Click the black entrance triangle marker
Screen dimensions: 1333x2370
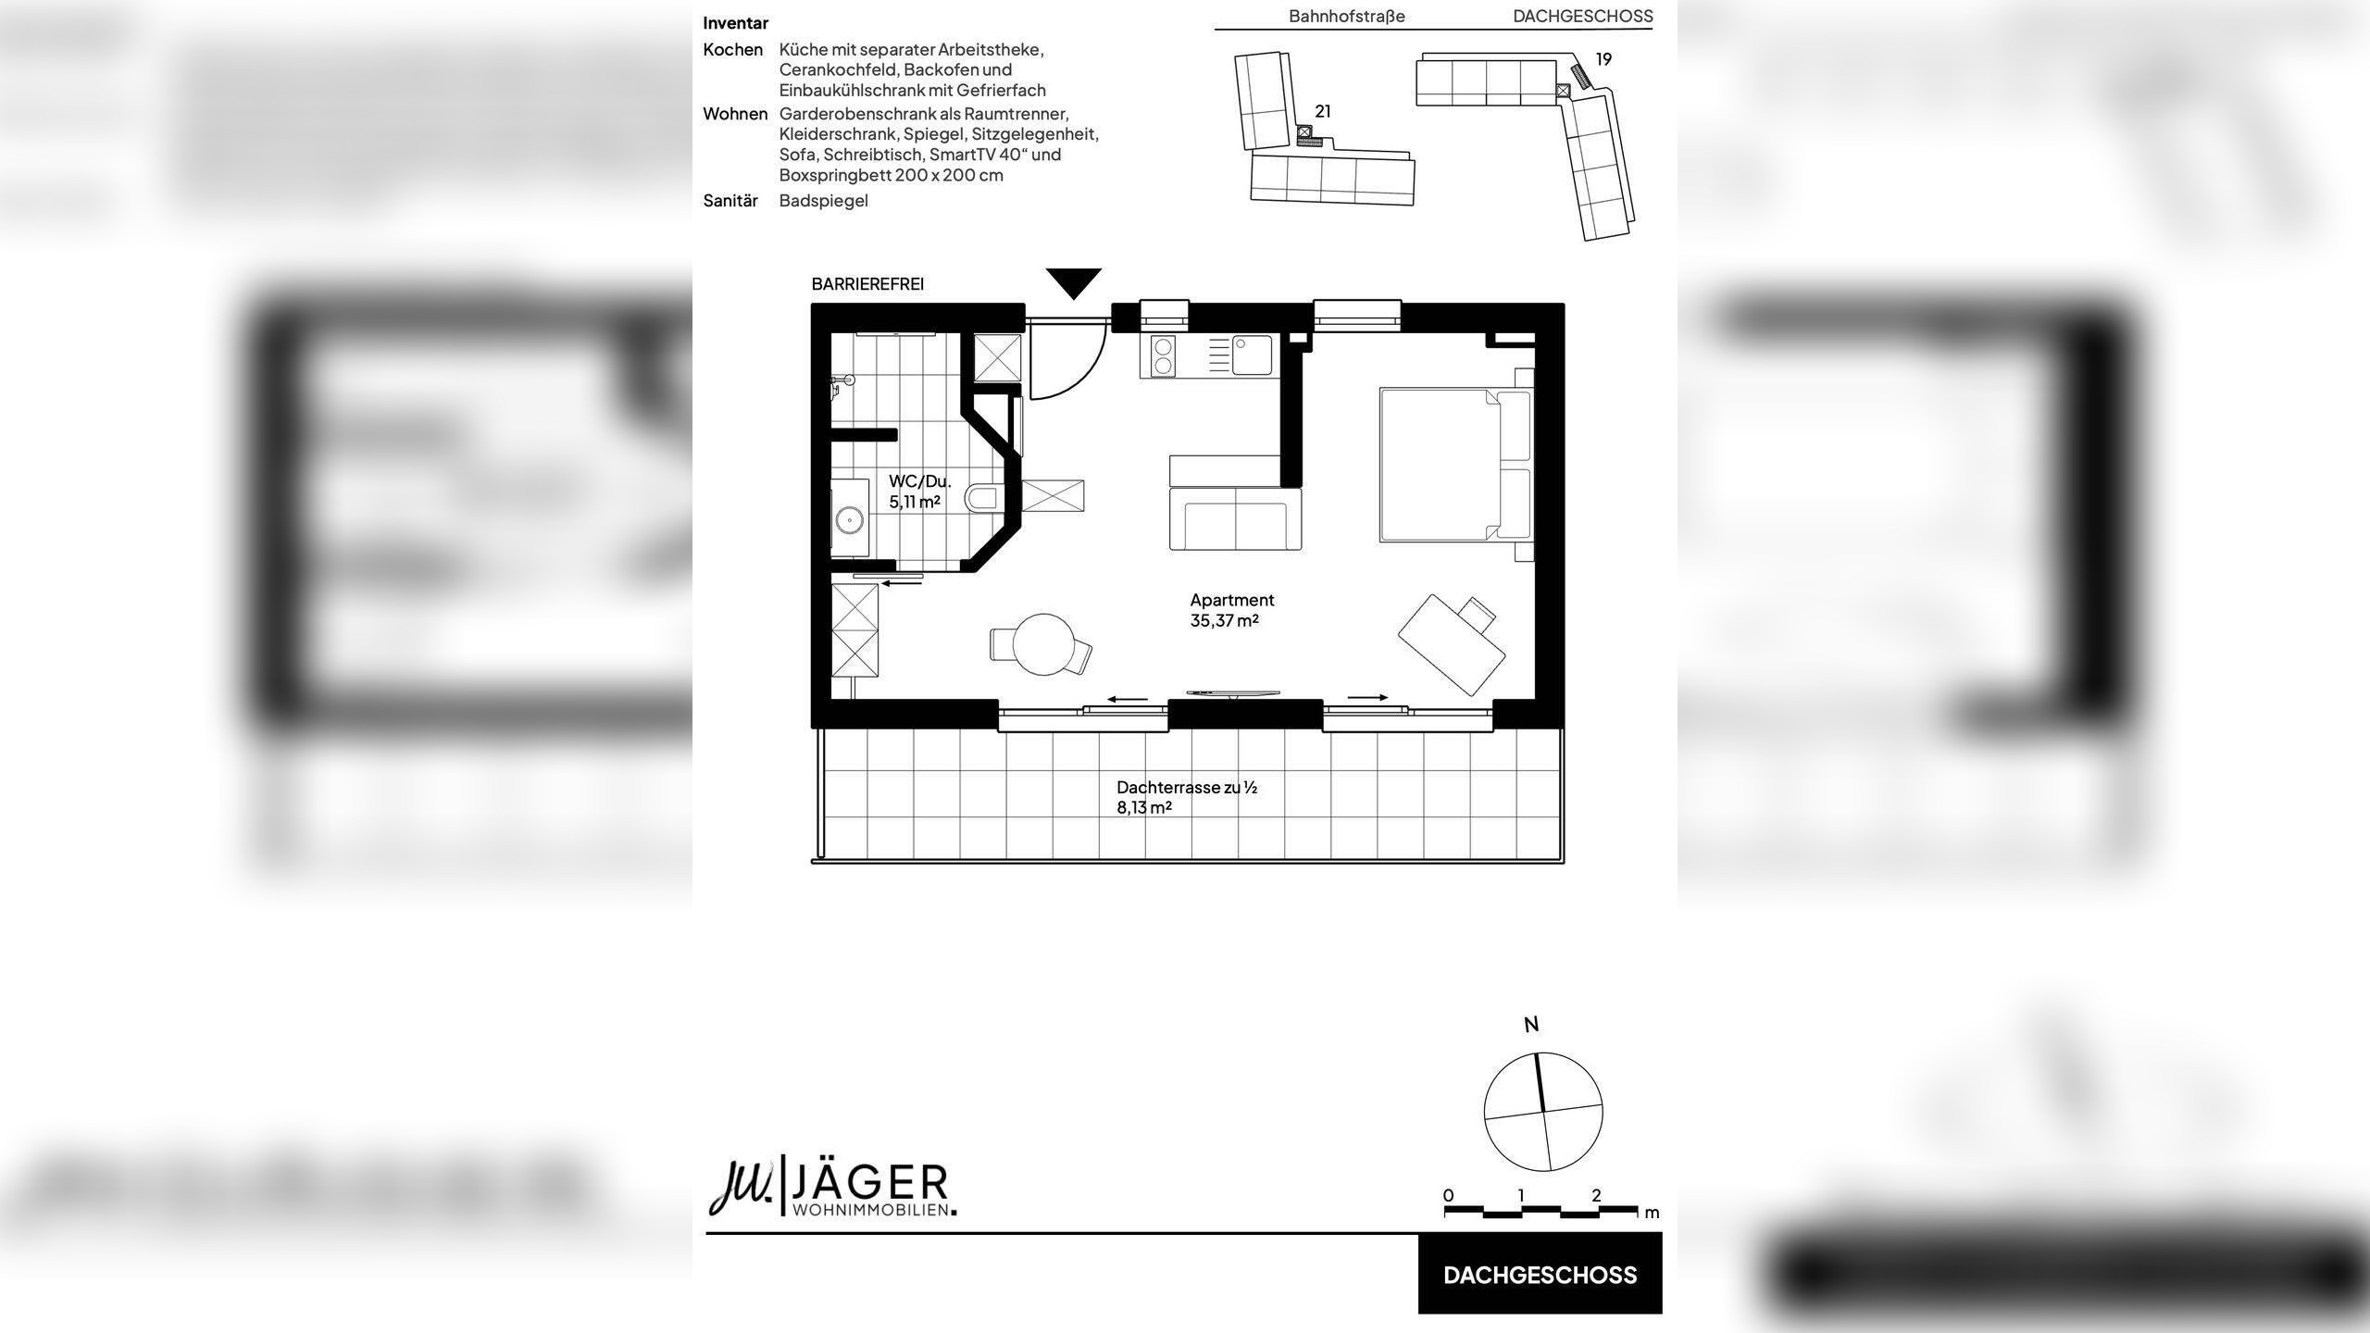pos(1074,281)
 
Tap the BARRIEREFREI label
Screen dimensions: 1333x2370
pos(867,284)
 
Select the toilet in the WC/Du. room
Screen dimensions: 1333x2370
pos(981,500)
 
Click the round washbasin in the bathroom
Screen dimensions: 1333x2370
pos(201,520)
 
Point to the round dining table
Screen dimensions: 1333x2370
pos(1043,644)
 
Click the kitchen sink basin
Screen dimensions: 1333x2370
pos(1252,355)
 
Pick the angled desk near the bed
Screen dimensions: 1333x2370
pos(1451,646)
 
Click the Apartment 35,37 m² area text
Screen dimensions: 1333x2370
pos(1231,610)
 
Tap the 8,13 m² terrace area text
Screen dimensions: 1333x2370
pos(1144,807)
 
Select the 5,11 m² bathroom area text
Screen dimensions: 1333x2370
pos(915,502)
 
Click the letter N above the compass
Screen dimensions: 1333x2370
pos(1531,1025)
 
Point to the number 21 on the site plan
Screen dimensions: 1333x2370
pos(1323,111)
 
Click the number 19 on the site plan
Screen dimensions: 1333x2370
pos(1603,59)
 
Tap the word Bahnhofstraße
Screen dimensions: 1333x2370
pos(1346,16)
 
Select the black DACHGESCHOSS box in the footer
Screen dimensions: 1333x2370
pos(1540,1275)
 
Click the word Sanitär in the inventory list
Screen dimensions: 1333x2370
pos(730,201)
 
